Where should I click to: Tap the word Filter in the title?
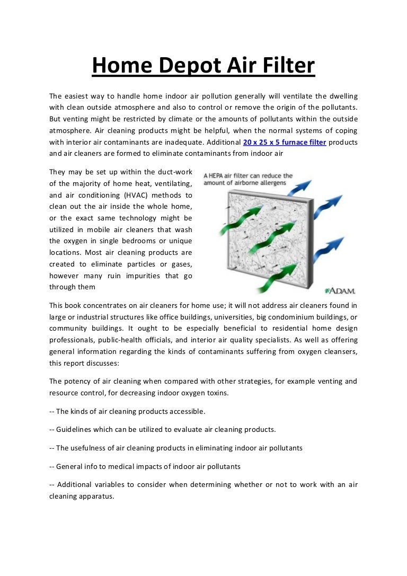tap(287, 66)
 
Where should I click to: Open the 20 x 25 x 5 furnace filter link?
tap(285, 143)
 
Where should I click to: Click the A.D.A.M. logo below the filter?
tap(341, 291)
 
